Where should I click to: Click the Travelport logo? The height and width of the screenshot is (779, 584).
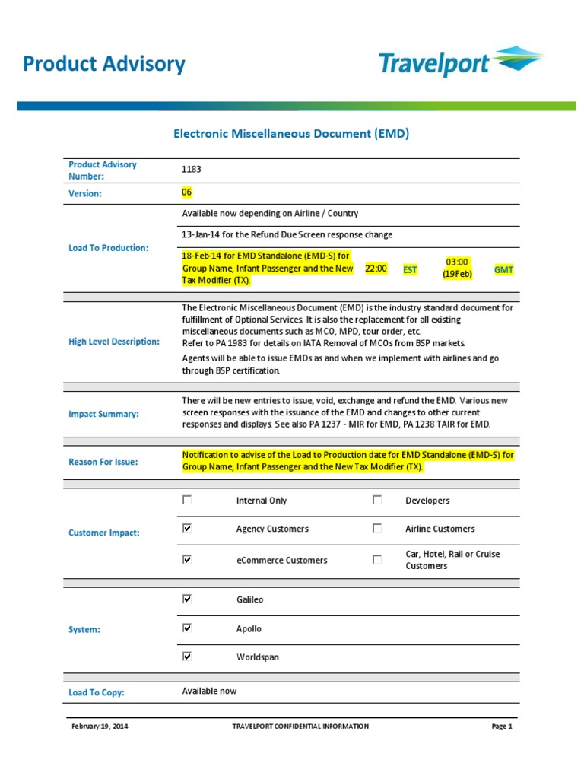point(461,63)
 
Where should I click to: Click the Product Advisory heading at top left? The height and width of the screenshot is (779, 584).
point(104,64)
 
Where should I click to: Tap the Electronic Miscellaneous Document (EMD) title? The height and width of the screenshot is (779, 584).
point(291,134)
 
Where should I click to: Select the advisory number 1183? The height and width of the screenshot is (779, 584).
point(192,170)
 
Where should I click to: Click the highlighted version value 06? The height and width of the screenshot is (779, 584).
point(187,192)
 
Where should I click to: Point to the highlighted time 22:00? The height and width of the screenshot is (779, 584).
point(376,269)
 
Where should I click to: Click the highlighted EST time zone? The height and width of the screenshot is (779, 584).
point(410,269)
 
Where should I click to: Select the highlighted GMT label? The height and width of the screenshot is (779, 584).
point(503,269)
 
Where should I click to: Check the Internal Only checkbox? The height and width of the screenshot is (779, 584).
point(187,500)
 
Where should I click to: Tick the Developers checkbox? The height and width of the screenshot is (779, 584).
point(377,500)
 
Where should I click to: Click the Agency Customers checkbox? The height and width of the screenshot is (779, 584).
point(187,528)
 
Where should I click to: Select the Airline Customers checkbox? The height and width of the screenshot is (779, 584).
point(377,528)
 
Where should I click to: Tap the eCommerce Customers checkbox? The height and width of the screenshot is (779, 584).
point(187,559)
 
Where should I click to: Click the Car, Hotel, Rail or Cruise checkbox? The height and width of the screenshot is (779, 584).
point(377,559)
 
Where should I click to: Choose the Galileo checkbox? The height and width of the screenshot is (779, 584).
point(187,599)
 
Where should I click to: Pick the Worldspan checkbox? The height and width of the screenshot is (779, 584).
point(187,657)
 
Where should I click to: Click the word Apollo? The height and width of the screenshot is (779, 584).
point(249,629)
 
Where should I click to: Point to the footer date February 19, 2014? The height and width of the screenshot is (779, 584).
point(100,727)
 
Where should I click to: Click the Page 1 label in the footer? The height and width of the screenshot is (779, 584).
point(502,727)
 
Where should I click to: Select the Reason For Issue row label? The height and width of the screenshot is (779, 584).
point(103,462)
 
